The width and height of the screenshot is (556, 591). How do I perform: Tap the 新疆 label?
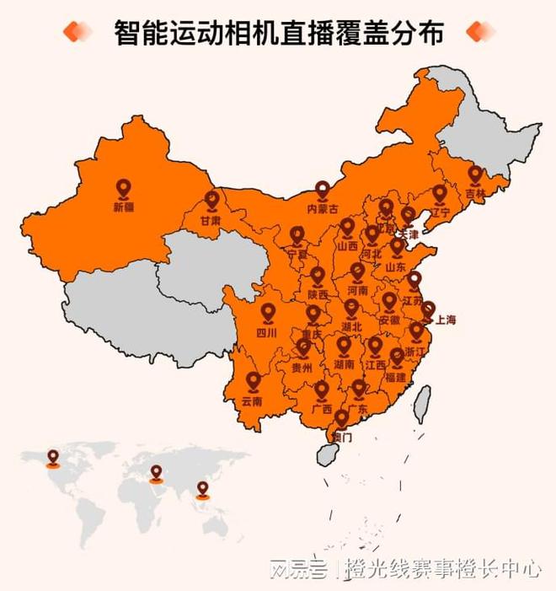(x=123, y=206)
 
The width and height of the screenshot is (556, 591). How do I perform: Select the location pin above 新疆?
(x=123, y=189)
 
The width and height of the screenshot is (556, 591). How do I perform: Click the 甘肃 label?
(x=211, y=219)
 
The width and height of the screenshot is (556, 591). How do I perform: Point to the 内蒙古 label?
(x=322, y=208)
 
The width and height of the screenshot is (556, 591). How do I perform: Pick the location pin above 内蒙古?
(x=322, y=191)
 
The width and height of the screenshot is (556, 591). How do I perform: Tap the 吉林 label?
(x=475, y=192)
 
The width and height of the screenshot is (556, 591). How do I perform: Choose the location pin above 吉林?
(x=475, y=175)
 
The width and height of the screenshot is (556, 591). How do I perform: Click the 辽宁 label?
(x=440, y=212)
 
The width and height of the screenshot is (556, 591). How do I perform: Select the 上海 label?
(x=445, y=320)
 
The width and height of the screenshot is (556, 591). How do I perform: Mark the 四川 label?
(x=267, y=332)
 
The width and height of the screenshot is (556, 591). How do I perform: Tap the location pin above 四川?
(x=268, y=314)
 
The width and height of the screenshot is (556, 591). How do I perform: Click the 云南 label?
(x=252, y=401)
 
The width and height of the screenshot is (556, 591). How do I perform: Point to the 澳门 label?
(x=342, y=437)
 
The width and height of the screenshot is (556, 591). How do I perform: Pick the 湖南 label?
(x=344, y=365)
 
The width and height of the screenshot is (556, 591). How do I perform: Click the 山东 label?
(x=396, y=266)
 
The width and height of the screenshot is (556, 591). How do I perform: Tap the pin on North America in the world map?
(x=53, y=457)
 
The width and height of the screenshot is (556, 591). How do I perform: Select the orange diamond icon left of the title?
(x=78, y=32)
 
